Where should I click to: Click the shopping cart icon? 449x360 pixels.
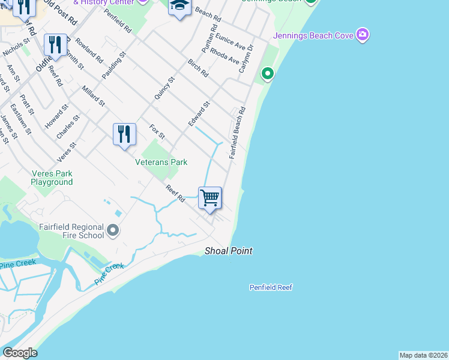click(x=210, y=197)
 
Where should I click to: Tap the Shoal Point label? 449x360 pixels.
click(x=228, y=251)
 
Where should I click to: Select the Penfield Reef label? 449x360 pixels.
click(x=271, y=287)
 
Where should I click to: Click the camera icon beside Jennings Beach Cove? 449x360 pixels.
click(x=362, y=35)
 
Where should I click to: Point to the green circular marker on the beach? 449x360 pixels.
click(x=267, y=74)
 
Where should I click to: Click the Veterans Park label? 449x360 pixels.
click(x=161, y=162)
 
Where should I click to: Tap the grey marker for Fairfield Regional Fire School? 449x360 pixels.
click(x=112, y=230)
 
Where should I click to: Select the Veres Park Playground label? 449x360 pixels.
click(x=52, y=178)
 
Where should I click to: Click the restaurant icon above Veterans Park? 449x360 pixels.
click(x=124, y=134)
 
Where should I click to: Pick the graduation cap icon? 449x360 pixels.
click(x=179, y=7)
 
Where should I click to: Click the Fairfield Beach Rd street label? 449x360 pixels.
click(x=237, y=133)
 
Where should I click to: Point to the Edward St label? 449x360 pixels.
click(x=199, y=113)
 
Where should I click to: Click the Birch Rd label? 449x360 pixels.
click(x=197, y=68)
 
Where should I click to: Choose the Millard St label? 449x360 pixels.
click(x=93, y=96)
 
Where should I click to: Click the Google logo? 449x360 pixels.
click(x=20, y=353)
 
